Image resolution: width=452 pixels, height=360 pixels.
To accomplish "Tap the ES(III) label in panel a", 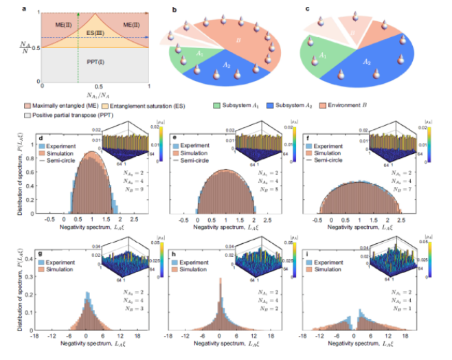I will tap(96, 32).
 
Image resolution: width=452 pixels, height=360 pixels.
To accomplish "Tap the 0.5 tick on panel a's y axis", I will tap(38, 47).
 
